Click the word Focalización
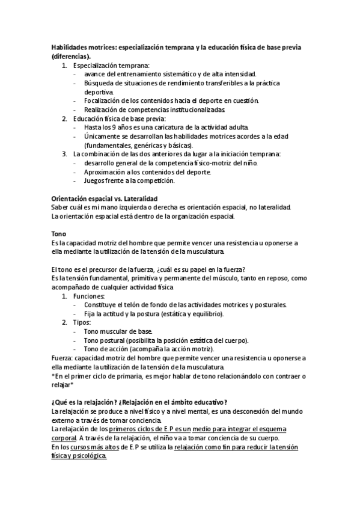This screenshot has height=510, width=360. (106, 100)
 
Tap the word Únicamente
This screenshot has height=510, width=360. (105, 137)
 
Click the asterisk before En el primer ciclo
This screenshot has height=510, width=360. (53, 376)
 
